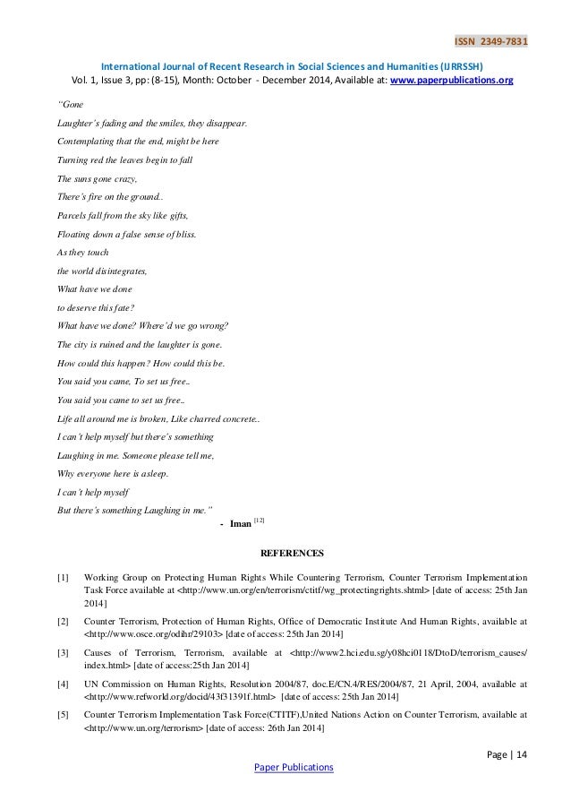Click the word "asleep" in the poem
pyautogui.click(x=147, y=474)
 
